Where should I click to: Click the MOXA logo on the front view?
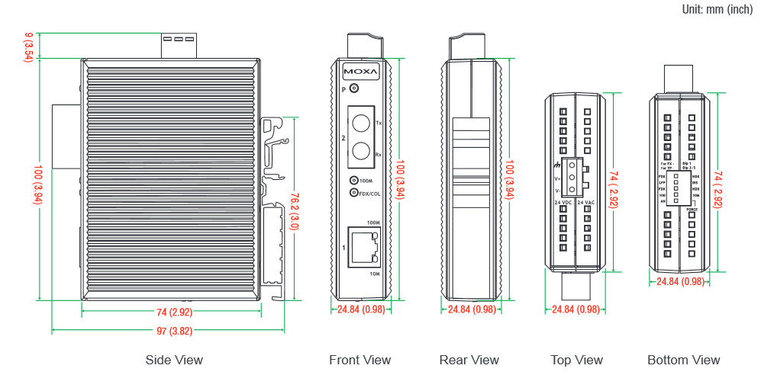click(x=361, y=72)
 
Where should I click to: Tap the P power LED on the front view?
click(x=353, y=89)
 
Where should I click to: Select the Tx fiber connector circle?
click(x=360, y=121)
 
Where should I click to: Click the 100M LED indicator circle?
click(x=353, y=181)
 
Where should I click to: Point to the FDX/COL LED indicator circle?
click(x=353, y=193)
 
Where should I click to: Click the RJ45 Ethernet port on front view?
click(x=363, y=247)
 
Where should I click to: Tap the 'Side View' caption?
click(x=174, y=360)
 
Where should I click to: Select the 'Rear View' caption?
click(x=469, y=360)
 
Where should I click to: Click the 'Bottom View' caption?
click(x=683, y=360)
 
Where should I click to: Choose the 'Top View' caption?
click(x=576, y=360)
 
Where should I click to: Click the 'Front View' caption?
click(x=360, y=360)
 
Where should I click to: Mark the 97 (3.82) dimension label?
click(x=169, y=331)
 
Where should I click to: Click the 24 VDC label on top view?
click(x=563, y=202)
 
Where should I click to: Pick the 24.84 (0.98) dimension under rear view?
click(x=471, y=309)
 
